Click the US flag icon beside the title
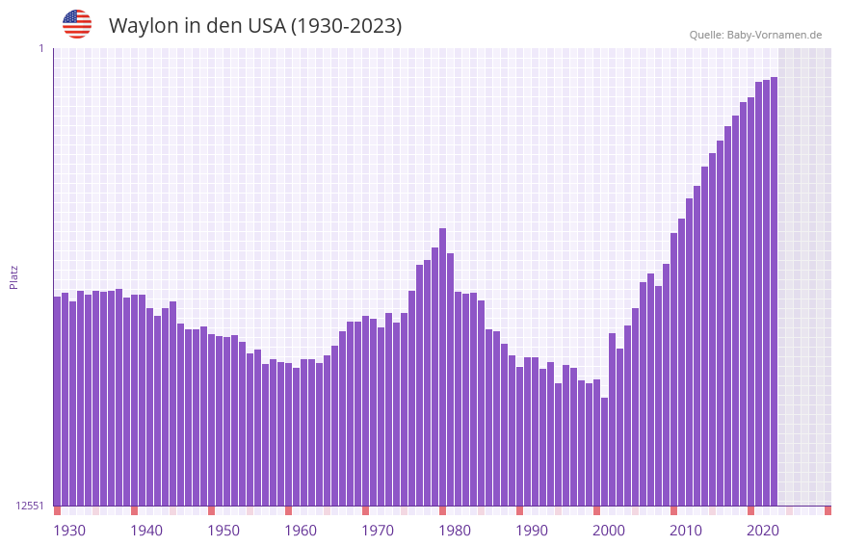pos(77,24)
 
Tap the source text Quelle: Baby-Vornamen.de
pos(755,35)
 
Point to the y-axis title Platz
pos(13,276)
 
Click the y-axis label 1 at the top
pos(40,48)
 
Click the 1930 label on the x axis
pos(69,531)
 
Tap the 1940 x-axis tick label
pos(146,531)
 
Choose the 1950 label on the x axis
pos(223,531)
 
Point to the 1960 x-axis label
pos(301,531)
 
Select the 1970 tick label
pos(378,531)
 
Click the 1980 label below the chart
pos(455,531)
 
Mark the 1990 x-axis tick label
pos(532,531)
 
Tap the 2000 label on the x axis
pos(609,531)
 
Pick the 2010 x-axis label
pos(686,531)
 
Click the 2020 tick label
pos(763,531)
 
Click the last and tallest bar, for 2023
pos(774,289)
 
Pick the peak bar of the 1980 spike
pos(442,366)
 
